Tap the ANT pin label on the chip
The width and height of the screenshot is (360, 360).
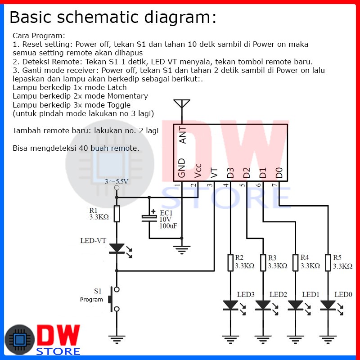coord(183,134)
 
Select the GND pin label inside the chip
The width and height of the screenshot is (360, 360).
coord(182,167)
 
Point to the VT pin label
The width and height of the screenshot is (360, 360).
coord(214,172)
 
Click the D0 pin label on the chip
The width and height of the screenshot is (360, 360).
coord(279,172)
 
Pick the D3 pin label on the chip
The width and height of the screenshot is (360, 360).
coord(230,172)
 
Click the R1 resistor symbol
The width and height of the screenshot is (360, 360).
coord(117,213)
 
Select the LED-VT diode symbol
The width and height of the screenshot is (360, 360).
coord(117,248)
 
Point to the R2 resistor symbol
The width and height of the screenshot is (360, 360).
coord(230,263)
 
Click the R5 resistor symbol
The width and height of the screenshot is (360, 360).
coord(328,263)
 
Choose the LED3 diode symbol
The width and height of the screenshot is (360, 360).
coord(230,306)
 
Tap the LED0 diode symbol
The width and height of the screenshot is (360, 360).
coord(328,306)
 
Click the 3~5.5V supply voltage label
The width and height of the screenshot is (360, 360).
coord(117,182)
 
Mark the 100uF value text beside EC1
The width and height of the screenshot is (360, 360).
coord(168,225)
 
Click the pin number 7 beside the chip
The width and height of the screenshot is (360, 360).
coord(274,185)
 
